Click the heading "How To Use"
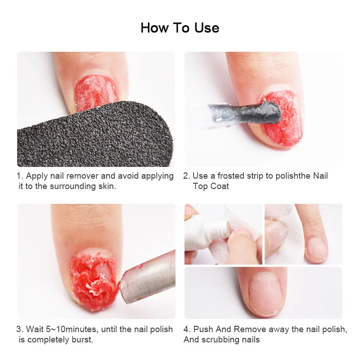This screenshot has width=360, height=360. click(x=180, y=28)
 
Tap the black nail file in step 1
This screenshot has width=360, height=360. click(x=94, y=135)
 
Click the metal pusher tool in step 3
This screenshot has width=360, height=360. click(x=148, y=278)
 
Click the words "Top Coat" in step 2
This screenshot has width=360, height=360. click(x=211, y=186)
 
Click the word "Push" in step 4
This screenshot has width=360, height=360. click(x=203, y=329)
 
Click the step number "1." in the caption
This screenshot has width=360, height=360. click(x=20, y=176)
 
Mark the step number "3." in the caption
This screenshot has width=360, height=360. click(x=20, y=329)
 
